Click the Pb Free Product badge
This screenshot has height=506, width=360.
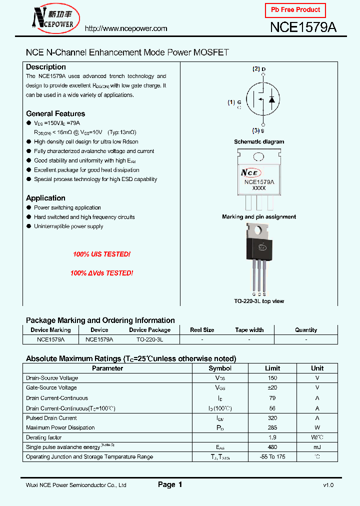[x=295, y=10]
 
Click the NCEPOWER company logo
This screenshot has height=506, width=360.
[x=53, y=18]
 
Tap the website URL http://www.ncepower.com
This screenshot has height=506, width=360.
[x=126, y=28]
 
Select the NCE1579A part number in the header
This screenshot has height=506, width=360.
[x=303, y=27]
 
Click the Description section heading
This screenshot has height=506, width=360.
[x=46, y=67]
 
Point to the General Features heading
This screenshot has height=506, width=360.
[x=55, y=113]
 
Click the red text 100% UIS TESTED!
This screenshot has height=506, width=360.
[x=101, y=254]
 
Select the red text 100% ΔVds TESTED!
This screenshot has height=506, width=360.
[x=101, y=273]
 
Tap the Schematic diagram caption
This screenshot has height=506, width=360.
[x=259, y=142]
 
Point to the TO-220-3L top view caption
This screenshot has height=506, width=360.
[x=259, y=301]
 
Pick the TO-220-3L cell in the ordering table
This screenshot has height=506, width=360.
[x=149, y=339]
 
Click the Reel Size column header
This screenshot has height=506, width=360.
[x=202, y=330]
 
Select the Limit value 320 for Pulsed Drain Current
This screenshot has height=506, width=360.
[x=272, y=418]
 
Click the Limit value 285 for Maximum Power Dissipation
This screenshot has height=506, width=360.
[x=272, y=427]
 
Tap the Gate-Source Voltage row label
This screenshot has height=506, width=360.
[x=51, y=387]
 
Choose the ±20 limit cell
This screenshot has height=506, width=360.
[x=272, y=387]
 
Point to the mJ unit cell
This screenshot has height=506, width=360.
[x=317, y=447]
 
